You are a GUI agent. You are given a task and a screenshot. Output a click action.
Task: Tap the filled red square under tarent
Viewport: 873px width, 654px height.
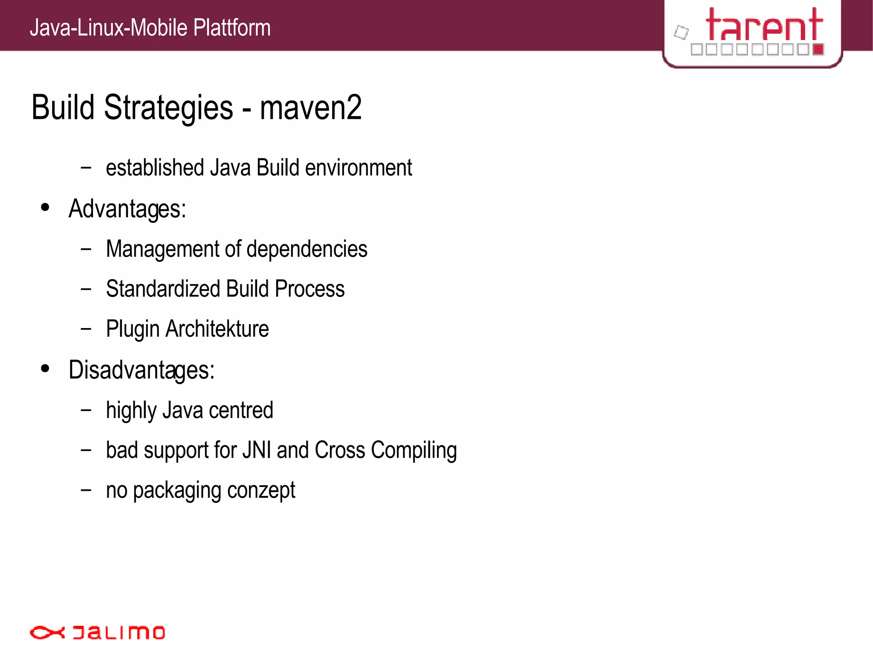click(x=818, y=49)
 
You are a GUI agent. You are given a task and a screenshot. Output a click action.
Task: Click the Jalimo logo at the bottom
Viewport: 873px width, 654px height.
click(x=97, y=632)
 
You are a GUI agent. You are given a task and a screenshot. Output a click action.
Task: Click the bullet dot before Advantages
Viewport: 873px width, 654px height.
click(x=45, y=207)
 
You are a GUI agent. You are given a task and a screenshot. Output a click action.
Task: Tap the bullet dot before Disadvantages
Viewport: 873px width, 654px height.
click(x=45, y=369)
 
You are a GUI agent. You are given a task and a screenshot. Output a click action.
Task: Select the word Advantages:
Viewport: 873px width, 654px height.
click(x=127, y=209)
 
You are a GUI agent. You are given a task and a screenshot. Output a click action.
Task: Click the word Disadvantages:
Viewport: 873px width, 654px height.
click(x=142, y=370)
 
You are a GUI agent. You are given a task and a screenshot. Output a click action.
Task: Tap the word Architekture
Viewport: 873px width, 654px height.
click(x=217, y=329)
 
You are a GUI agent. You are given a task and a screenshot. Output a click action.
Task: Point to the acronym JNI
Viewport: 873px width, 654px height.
click(x=256, y=450)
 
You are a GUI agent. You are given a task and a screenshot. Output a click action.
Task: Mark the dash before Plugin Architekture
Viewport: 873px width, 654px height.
click(x=86, y=329)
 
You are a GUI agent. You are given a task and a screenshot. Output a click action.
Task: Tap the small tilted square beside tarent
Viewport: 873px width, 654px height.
click(x=681, y=32)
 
